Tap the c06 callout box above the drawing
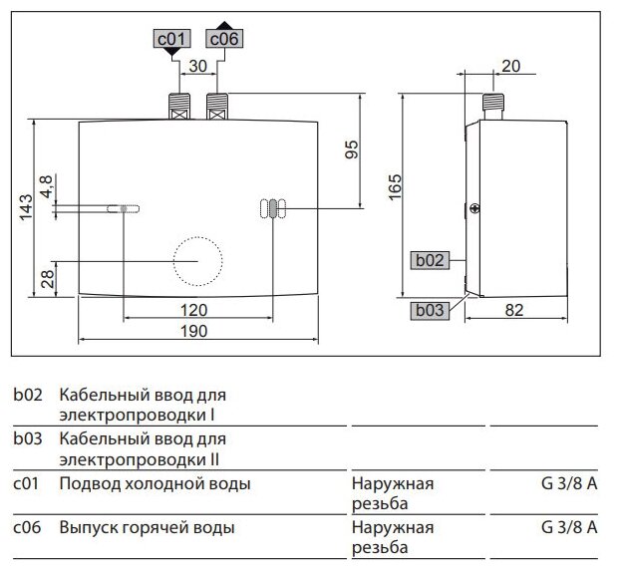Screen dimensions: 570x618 click(223, 39)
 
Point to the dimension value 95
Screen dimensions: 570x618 click(351, 149)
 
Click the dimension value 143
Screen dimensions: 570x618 click(26, 203)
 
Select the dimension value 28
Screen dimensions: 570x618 click(46, 278)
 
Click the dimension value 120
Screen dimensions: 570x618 click(199, 309)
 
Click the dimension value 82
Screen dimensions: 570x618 click(512, 310)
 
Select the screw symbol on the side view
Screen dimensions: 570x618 click(475, 209)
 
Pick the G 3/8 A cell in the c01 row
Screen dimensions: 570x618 click(569, 484)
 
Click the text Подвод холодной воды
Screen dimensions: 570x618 click(154, 484)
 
